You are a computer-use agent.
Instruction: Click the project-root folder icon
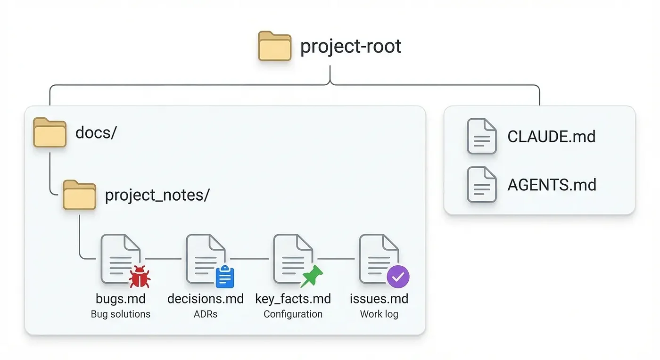(x=274, y=46)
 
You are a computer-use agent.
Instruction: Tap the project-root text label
(x=351, y=46)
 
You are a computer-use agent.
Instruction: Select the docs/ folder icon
(x=49, y=132)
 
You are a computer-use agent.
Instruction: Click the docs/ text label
(x=96, y=133)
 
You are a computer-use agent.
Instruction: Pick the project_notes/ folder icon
(x=79, y=195)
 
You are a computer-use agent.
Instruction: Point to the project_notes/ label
(x=157, y=195)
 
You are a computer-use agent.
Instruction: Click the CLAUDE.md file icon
(x=481, y=136)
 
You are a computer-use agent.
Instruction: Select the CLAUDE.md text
(x=551, y=137)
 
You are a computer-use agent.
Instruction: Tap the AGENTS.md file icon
(x=481, y=184)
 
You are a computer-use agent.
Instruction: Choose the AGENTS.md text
(x=552, y=185)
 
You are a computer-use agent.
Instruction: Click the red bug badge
(x=140, y=277)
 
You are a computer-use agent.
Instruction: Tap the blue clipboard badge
(x=225, y=277)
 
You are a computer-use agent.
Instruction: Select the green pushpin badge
(x=312, y=276)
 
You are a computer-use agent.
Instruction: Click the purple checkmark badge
(x=398, y=277)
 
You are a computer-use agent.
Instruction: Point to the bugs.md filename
(x=121, y=299)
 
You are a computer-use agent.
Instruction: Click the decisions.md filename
(x=206, y=299)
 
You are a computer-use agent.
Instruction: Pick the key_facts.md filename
(x=293, y=299)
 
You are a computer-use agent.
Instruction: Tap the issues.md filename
(x=379, y=299)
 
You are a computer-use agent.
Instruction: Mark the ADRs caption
(x=206, y=314)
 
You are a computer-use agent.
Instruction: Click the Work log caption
(x=379, y=314)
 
